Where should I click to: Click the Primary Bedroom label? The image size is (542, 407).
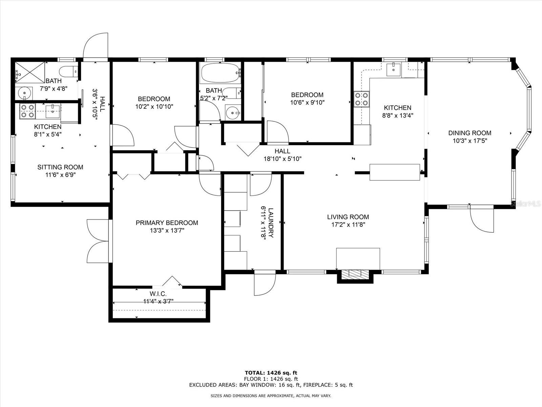pyautogui.click(x=167, y=223)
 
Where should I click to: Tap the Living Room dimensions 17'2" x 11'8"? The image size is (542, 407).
pyautogui.click(x=348, y=225)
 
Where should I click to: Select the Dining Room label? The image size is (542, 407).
pyautogui.click(x=470, y=133)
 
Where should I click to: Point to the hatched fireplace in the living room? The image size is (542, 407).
pyautogui.click(x=355, y=273)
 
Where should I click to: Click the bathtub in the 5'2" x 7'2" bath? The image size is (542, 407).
pyautogui.click(x=221, y=73)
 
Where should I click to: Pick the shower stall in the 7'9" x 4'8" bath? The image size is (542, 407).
pyautogui.click(x=30, y=72)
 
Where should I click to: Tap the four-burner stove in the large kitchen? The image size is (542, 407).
pyautogui.click(x=361, y=99)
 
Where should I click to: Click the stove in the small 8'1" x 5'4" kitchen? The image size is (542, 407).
pyautogui.click(x=27, y=111)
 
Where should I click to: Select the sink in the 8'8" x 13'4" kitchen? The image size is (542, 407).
pyautogui.click(x=393, y=70)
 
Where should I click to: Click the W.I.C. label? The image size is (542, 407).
pyautogui.click(x=158, y=294)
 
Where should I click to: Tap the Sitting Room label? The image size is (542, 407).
pyautogui.click(x=60, y=167)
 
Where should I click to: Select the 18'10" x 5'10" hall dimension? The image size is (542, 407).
pyautogui.click(x=283, y=159)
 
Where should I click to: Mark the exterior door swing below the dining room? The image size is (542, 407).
pyautogui.click(x=482, y=219)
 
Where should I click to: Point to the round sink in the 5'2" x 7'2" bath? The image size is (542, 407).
pyautogui.click(x=233, y=113)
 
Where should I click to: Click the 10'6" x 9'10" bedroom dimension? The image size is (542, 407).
pyautogui.click(x=307, y=102)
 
